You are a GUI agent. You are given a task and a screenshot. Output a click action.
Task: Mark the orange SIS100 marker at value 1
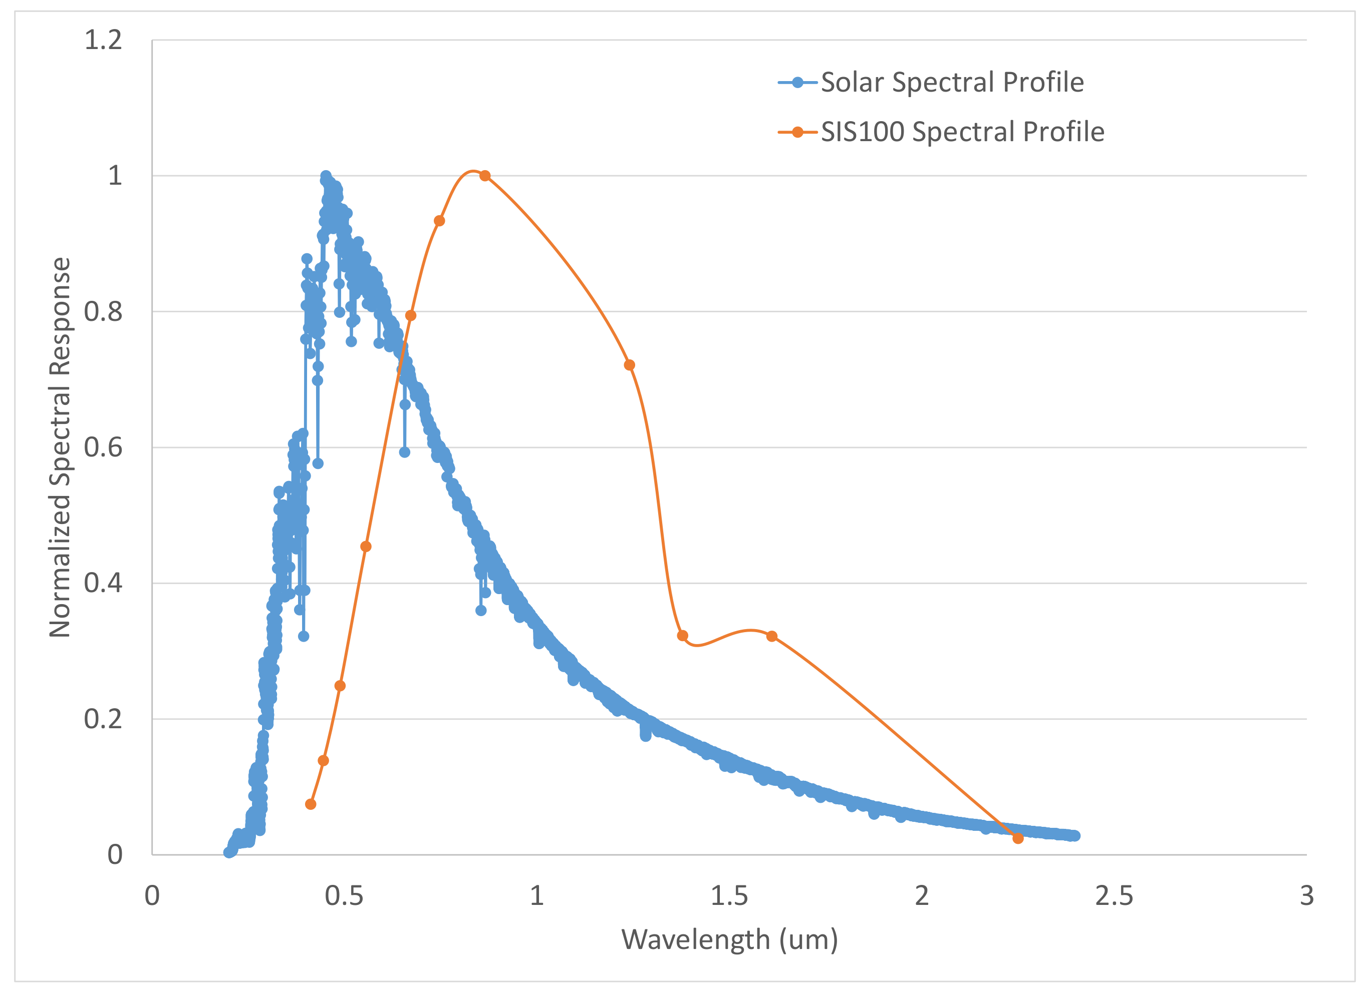point(485,176)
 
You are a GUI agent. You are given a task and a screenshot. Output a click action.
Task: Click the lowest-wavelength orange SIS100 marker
point(311,804)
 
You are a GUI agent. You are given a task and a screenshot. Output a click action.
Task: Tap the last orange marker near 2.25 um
point(1018,839)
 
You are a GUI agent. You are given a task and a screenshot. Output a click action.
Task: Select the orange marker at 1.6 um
point(772,636)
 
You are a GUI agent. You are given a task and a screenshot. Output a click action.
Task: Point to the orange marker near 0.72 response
point(630,365)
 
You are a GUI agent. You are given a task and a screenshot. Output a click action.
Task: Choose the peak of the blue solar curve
point(326,176)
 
